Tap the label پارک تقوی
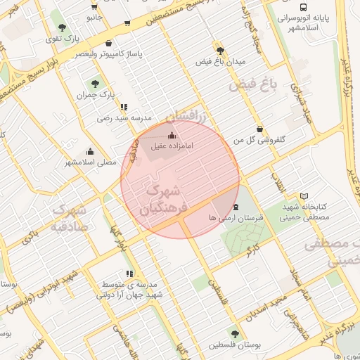coord(62,39)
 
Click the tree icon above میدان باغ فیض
coord(221,51)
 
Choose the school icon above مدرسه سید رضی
coord(124,108)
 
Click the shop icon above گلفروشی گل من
coord(261,129)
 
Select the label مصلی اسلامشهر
coord(91,162)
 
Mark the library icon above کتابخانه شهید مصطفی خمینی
coord(304,196)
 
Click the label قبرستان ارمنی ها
coord(236,218)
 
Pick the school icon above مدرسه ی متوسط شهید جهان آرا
coord(129,274)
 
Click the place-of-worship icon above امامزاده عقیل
coord(173,135)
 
